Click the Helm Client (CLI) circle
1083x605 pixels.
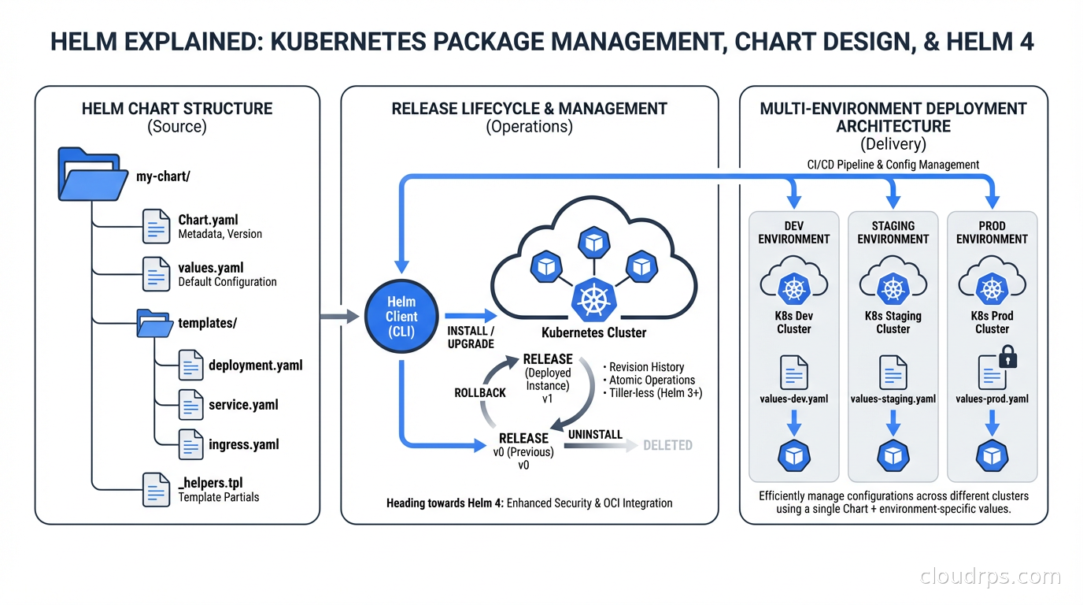click(401, 317)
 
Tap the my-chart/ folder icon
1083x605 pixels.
click(93, 174)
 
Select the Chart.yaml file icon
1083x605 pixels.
click(155, 226)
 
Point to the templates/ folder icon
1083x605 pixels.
click(155, 323)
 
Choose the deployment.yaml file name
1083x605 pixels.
click(255, 366)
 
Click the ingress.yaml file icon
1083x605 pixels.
click(191, 444)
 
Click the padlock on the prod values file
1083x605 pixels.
click(1008, 359)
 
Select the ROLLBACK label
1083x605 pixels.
click(480, 392)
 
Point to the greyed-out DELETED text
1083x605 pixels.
click(667, 445)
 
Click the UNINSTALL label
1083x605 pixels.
click(595, 434)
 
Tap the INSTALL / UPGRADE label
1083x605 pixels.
click(471, 337)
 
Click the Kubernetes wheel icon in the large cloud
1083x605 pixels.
click(594, 300)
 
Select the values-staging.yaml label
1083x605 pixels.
click(893, 399)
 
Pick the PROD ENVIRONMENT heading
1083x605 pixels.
click(992, 232)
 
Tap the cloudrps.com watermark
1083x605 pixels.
click(990, 577)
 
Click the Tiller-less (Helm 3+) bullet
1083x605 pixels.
click(652, 392)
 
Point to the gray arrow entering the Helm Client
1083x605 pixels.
click(341, 317)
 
